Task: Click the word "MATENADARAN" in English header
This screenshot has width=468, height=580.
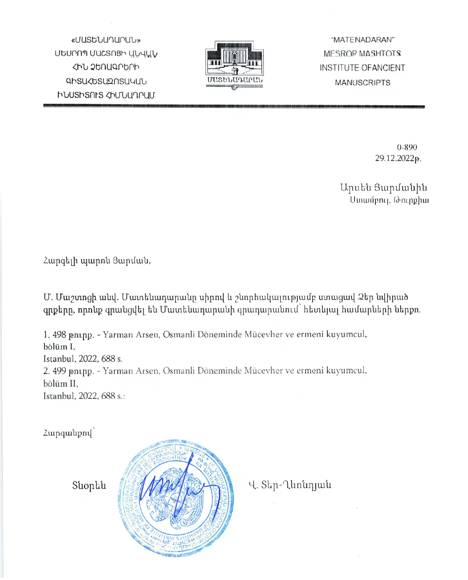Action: (x=363, y=40)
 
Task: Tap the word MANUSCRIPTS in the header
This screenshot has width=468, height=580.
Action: (x=363, y=83)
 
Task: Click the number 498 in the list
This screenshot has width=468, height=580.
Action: (x=59, y=335)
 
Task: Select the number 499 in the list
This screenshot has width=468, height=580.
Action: (x=59, y=371)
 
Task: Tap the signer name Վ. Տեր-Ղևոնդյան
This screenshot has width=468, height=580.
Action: (x=290, y=485)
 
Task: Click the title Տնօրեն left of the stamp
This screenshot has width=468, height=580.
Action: (x=89, y=485)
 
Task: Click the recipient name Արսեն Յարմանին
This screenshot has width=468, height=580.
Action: (x=383, y=188)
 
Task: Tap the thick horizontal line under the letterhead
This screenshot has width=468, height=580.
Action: (x=234, y=106)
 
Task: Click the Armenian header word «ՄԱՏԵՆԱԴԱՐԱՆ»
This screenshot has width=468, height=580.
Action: (x=106, y=40)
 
